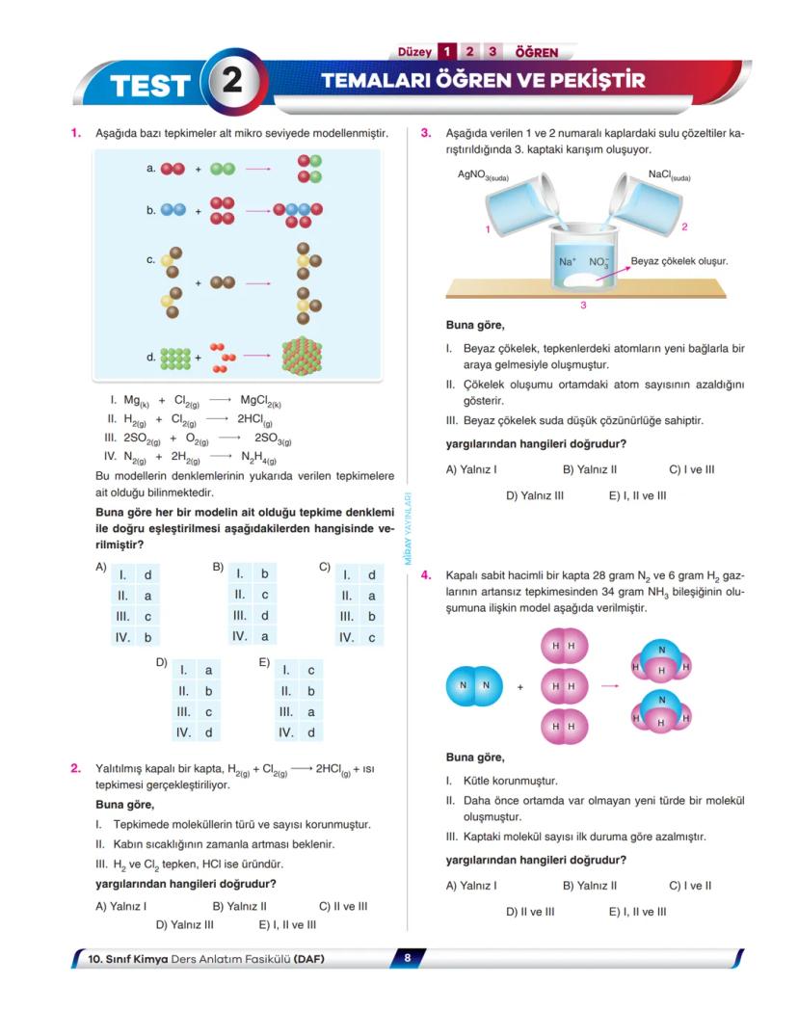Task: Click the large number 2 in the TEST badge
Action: point(232,82)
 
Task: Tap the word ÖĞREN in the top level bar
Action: point(537,52)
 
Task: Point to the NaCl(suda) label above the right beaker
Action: point(669,176)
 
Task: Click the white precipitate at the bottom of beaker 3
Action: point(581,281)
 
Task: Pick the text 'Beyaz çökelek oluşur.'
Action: point(678,261)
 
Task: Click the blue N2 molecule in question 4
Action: point(474,685)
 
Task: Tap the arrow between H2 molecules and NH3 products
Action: point(609,686)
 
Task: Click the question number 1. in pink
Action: point(75,133)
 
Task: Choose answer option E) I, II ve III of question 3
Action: point(637,495)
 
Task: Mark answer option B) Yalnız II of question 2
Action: point(239,906)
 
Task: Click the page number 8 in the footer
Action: point(408,958)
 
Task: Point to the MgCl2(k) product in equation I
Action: point(260,400)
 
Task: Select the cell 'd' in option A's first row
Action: point(147,575)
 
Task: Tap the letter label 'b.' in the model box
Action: point(152,208)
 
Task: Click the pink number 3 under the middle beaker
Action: point(583,306)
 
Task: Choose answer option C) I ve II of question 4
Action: point(690,885)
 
